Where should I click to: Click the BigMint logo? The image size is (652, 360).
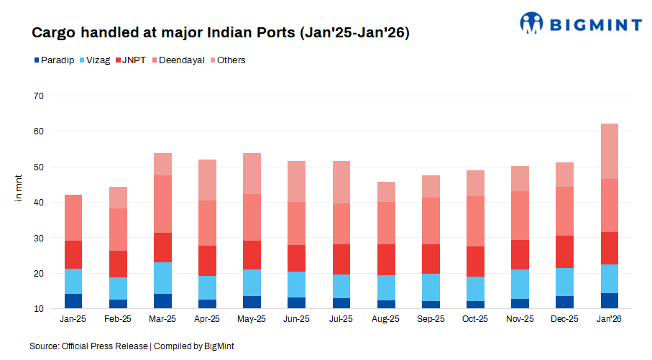tap(580, 23)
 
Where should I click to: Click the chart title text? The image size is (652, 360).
tap(221, 33)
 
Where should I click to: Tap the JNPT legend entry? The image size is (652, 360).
tap(134, 60)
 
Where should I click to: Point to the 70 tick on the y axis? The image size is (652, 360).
tap(39, 96)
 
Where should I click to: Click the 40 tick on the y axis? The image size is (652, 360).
tap(39, 203)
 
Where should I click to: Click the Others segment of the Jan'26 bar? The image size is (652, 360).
tap(610, 152)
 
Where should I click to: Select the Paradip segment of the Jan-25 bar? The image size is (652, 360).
tap(74, 301)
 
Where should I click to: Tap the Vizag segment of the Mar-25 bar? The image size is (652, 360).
tap(163, 278)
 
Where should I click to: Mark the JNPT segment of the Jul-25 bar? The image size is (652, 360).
tap(342, 259)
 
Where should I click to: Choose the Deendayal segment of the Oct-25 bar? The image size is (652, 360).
tap(476, 221)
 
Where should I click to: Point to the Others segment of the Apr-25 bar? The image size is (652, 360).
tap(208, 180)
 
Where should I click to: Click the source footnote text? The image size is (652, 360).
tap(132, 346)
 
